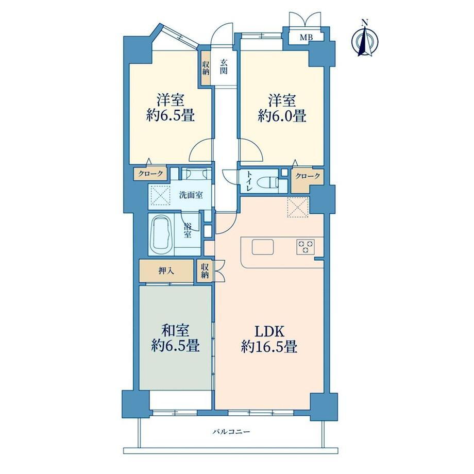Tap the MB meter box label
coord(307,38)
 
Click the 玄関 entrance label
coord(224,67)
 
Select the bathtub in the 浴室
coord(161,234)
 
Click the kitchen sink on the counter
coord(263,247)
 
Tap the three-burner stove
coord(306,246)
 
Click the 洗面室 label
coord(191,195)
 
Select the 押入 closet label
coord(166,271)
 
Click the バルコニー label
coord(231,432)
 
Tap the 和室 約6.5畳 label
coord(175,338)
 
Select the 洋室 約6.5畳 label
coord(171,107)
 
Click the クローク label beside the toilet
coord(308,176)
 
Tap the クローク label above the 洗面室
coord(150,174)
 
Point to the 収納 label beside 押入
coord(205,271)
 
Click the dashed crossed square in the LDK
coord(298,207)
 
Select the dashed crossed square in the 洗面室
coord(160,195)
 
